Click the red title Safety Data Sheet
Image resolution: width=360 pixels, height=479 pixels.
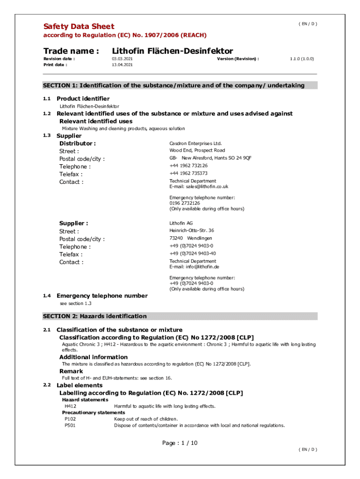pos(79,26)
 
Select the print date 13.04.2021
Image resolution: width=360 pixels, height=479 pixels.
pos(122,65)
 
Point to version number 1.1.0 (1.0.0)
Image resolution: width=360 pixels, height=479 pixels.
pos(302,59)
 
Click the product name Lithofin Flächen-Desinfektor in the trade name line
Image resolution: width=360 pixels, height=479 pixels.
pos(173,51)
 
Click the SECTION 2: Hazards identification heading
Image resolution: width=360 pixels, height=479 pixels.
pos(95,316)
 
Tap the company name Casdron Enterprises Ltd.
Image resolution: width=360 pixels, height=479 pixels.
pos(195,144)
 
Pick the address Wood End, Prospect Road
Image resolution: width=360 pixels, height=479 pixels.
pos(197,151)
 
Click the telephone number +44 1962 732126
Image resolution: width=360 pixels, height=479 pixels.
pos(188,166)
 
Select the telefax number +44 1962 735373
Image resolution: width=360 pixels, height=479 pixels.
pos(188,173)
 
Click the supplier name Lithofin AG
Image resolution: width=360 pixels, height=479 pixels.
pos(181,223)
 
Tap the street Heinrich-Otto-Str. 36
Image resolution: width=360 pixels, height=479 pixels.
pos(192,231)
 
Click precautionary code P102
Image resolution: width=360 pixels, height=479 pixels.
pos(70,419)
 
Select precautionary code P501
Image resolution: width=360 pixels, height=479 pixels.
pos(70,426)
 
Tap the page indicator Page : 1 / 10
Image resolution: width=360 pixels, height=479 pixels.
pos(180,443)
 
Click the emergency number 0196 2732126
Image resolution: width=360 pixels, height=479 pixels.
pos(185,203)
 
